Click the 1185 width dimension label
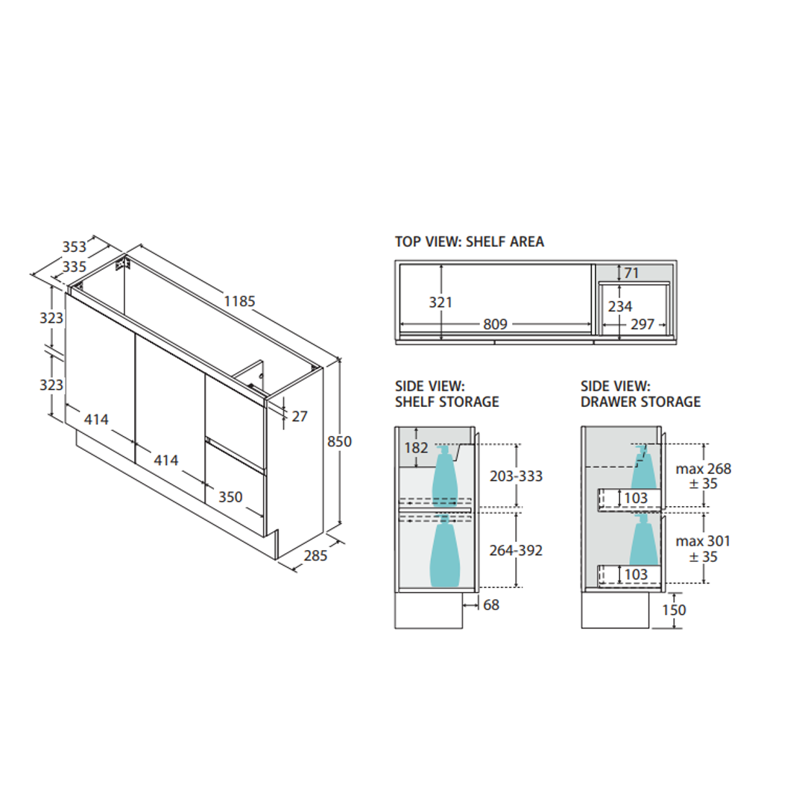tap(239, 301)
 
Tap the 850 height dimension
tap(339, 441)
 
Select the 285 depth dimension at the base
tap(315, 555)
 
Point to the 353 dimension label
tap(75, 247)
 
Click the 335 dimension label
tap(75, 267)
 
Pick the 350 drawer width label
tap(230, 497)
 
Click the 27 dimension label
tap(300, 416)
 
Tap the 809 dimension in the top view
tap(495, 324)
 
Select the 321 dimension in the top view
tap(441, 303)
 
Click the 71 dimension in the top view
tap(631, 273)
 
